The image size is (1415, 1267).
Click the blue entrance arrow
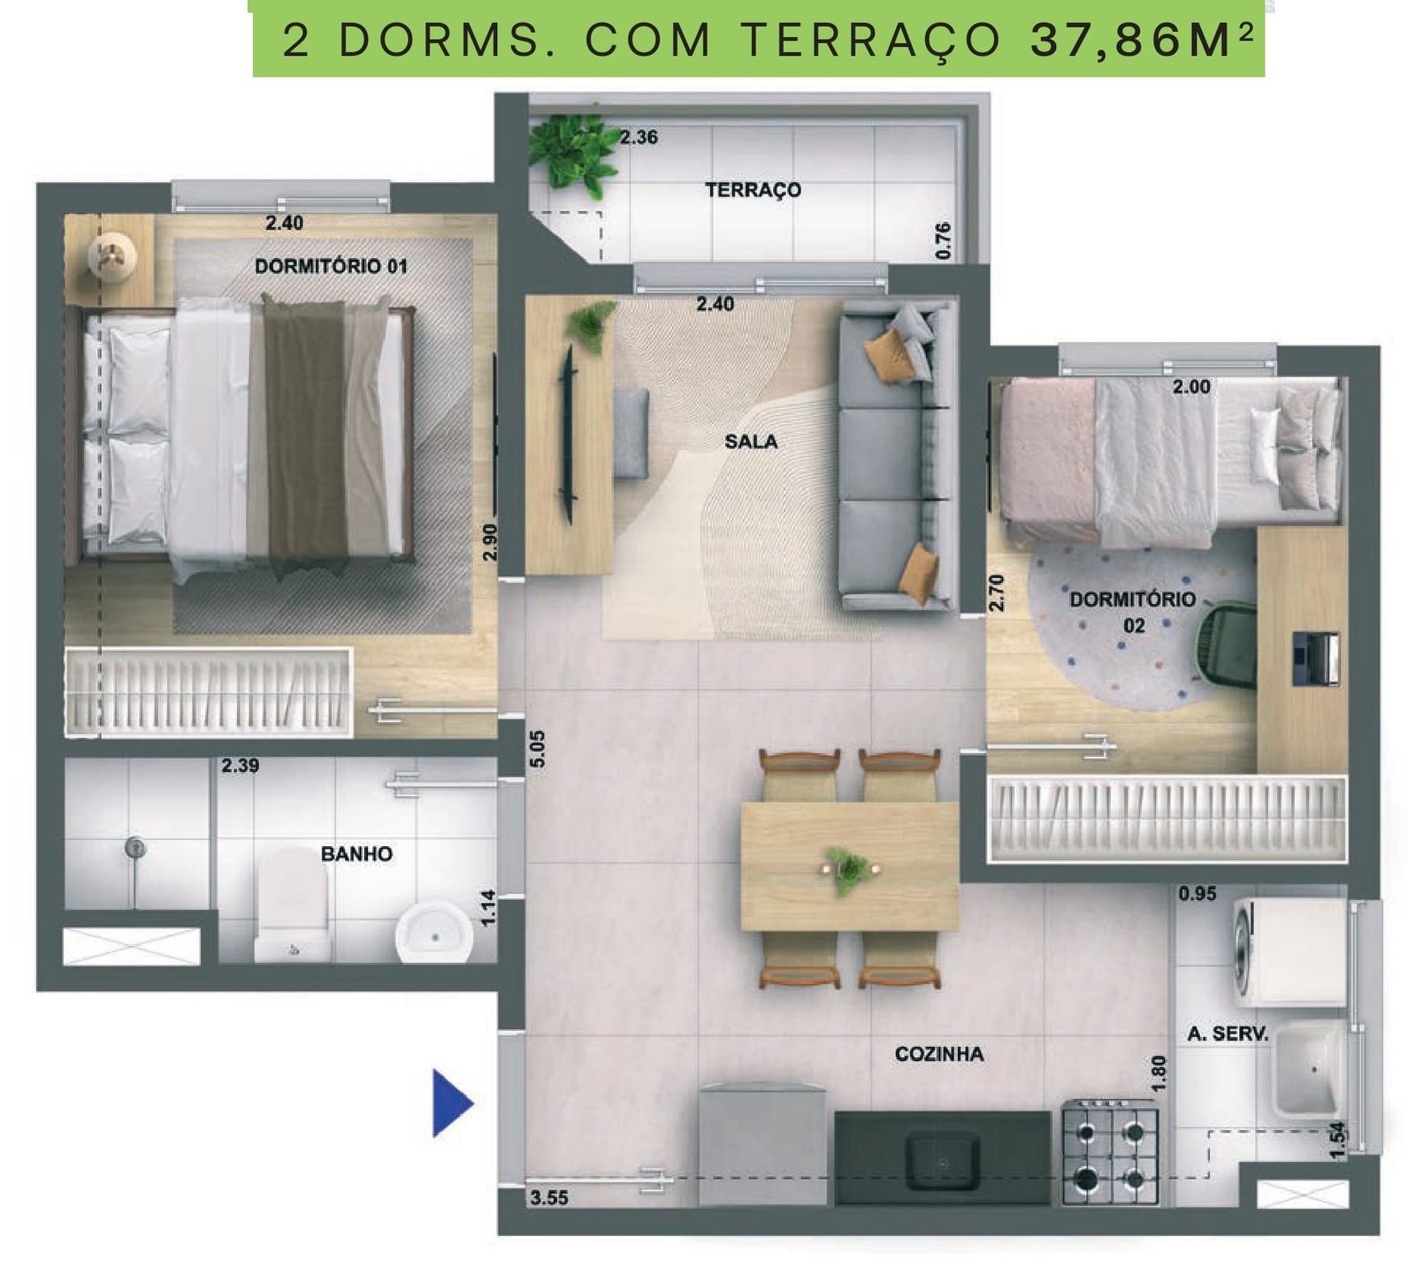450,1103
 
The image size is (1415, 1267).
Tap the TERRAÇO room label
753,189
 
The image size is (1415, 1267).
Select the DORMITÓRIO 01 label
331,265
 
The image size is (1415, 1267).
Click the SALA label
751,441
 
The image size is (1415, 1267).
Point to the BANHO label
356,853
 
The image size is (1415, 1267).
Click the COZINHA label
939,1053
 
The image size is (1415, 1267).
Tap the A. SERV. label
1228,1033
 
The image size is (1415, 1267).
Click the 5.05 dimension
538,750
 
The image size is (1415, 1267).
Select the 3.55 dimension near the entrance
549,1198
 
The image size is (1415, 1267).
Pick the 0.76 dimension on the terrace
943,240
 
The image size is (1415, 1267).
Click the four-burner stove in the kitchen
1110,1151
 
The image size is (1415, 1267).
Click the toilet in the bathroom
293,904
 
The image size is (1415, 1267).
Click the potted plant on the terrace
573,152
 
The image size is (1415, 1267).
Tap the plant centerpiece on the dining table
849,869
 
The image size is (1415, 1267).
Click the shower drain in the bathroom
134,847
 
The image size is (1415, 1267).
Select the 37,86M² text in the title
1143,41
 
